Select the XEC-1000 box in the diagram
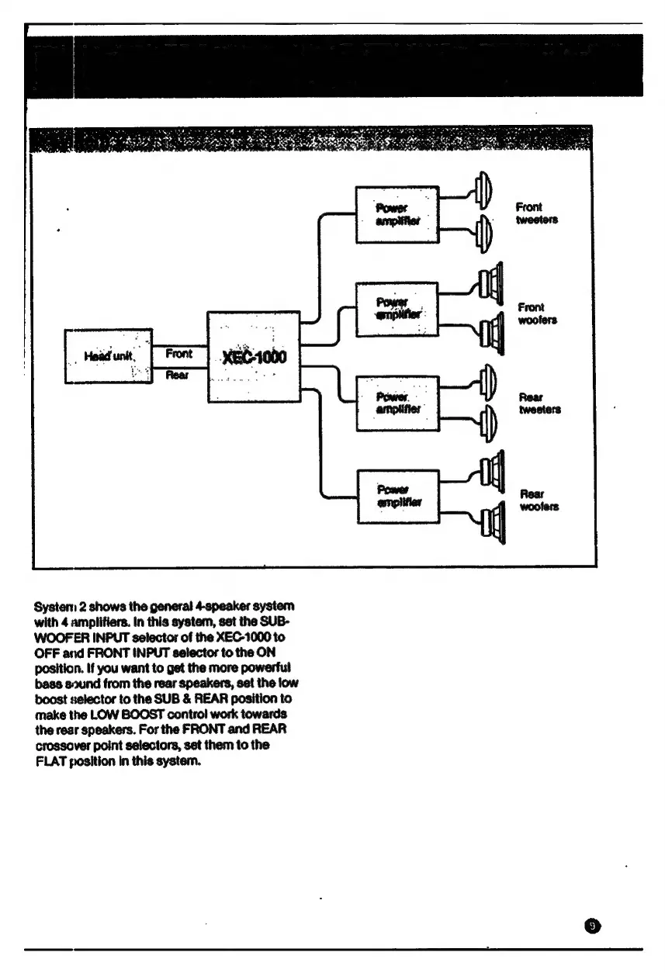point(254,356)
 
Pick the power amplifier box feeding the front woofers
point(397,310)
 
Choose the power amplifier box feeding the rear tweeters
point(397,403)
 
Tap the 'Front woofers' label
point(536,313)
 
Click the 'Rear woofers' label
point(538,500)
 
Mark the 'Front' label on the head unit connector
point(178,353)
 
